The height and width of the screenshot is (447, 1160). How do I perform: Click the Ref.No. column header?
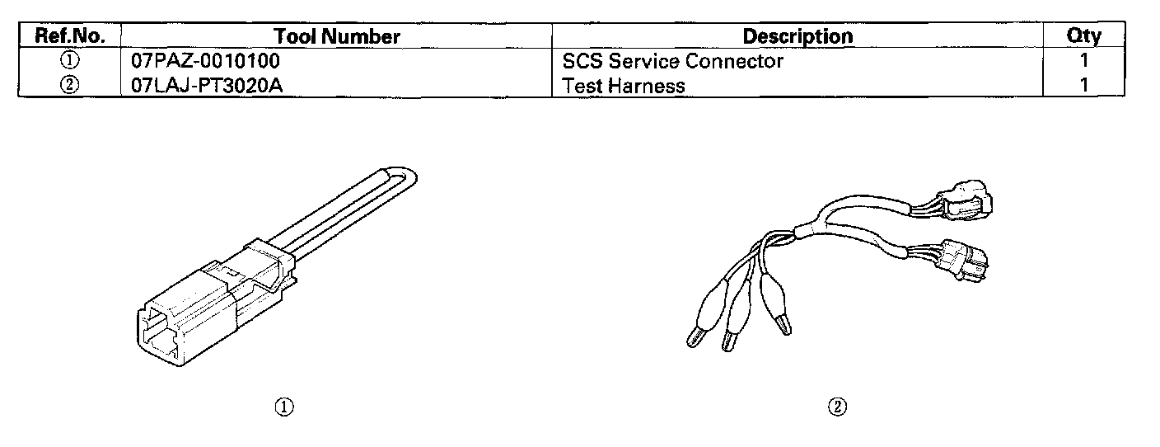(x=69, y=36)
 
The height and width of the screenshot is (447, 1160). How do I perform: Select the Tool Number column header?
(x=336, y=36)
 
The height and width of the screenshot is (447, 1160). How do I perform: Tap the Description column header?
(x=797, y=36)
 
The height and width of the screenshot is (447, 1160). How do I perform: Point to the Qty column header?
(x=1083, y=36)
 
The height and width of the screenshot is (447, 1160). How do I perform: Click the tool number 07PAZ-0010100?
(x=205, y=61)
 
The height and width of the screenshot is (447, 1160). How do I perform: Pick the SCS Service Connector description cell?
(x=672, y=61)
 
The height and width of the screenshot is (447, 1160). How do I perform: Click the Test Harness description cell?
(x=624, y=85)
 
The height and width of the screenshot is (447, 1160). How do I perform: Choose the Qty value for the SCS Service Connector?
(x=1084, y=61)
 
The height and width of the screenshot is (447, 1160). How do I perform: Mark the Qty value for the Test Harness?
(x=1084, y=85)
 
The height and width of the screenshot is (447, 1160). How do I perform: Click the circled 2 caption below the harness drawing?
(x=838, y=406)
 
